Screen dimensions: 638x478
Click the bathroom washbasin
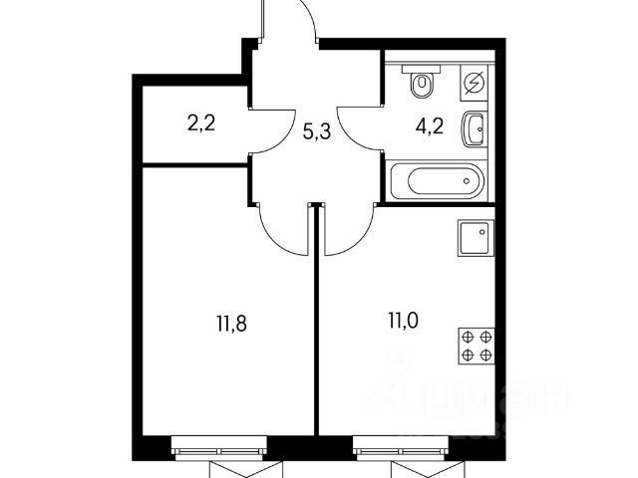pos(475,128)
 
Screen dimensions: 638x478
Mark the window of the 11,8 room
pos(219,450)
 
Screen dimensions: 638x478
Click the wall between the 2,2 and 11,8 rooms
pos(193,165)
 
